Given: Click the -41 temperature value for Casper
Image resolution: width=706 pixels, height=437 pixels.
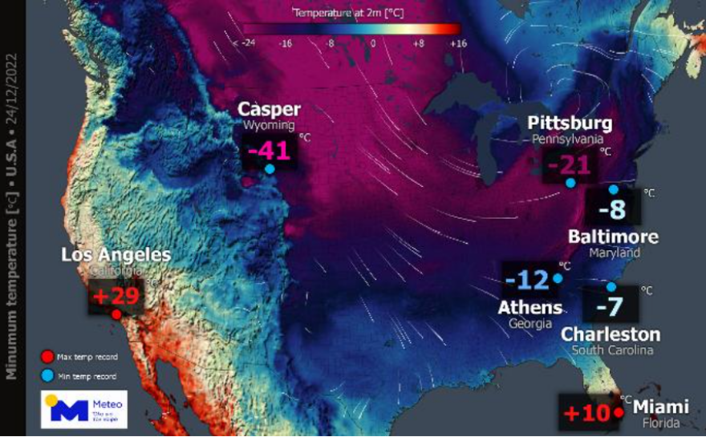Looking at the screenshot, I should tap(269, 149).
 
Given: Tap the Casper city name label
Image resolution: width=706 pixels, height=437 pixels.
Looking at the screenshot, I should tap(269, 110).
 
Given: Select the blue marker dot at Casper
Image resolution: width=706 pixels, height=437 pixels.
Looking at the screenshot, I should tap(270, 169).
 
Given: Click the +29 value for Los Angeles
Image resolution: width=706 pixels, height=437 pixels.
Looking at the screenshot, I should tap(116, 296).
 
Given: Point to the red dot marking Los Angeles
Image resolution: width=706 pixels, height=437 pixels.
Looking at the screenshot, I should tap(116, 314).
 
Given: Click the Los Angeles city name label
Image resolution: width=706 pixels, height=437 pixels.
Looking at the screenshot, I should tap(116, 255).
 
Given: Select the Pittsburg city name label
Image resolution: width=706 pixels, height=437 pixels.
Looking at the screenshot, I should tap(570, 123).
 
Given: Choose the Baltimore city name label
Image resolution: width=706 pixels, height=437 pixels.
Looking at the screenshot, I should tap(613, 237).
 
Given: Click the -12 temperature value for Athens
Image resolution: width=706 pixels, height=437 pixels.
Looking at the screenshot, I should tap(527, 281).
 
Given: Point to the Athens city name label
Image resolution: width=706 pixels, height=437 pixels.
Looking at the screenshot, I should tap(529, 307).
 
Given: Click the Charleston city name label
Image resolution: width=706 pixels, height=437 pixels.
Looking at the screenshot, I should tap(611, 334).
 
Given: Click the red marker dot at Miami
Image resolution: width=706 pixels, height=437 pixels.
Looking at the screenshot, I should tap(619, 413).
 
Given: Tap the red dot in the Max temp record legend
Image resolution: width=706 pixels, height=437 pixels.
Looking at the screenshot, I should tap(49, 357).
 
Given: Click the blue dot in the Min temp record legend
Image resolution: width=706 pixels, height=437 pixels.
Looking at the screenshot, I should tap(49, 375).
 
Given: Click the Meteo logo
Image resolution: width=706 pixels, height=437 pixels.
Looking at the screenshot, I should tap(83, 409).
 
